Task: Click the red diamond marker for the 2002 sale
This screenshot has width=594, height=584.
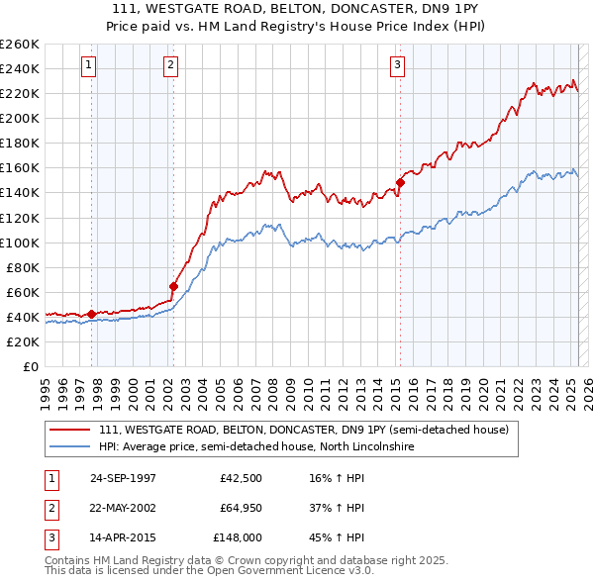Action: [173, 287]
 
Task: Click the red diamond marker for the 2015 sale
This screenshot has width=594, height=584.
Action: [400, 182]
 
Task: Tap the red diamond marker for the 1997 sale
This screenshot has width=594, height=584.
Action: [92, 315]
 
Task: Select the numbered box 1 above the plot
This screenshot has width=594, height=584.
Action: [89, 66]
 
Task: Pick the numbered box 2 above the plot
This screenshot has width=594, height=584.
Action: [170, 66]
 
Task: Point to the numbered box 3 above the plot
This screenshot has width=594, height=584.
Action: [397, 66]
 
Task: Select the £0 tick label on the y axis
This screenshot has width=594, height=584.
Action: [31, 367]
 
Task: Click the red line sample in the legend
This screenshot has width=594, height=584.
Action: [68, 431]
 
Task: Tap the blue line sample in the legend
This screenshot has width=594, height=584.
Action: [68, 447]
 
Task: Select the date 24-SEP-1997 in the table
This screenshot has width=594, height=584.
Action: [123, 479]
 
